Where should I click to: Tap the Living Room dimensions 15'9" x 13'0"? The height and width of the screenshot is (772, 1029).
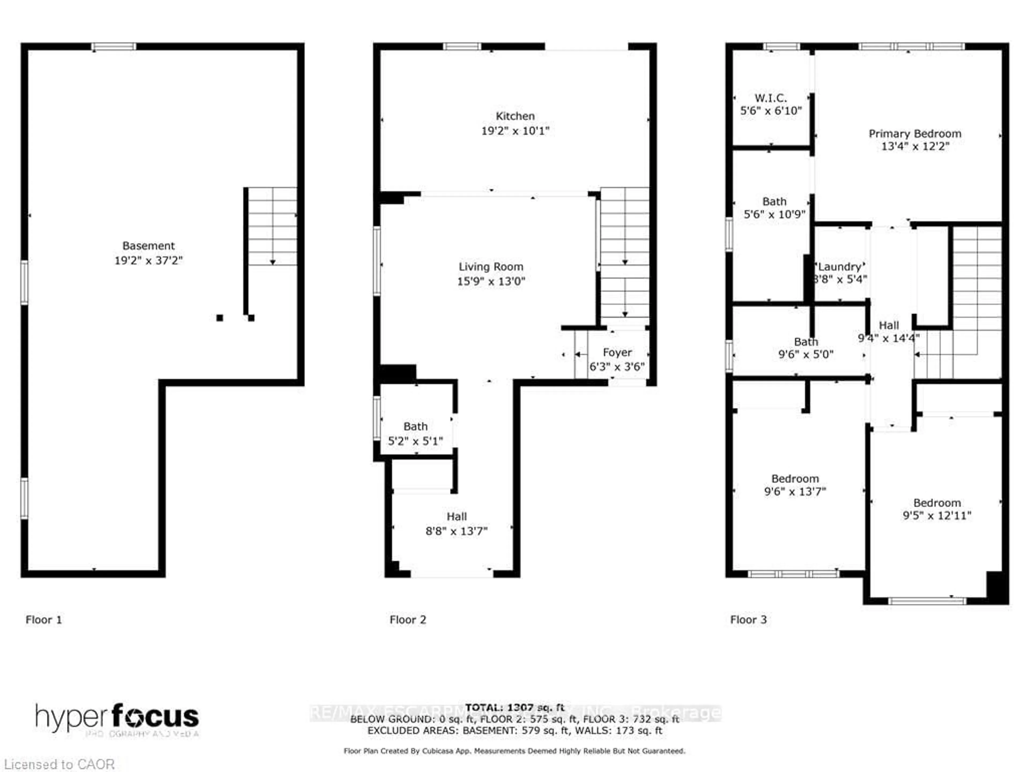(x=491, y=281)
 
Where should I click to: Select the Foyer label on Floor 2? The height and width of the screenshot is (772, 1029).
(x=617, y=352)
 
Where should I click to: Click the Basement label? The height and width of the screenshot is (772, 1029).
(x=148, y=246)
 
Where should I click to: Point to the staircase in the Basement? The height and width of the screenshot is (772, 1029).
(x=272, y=226)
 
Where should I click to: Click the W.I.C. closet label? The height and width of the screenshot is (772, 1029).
(x=770, y=98)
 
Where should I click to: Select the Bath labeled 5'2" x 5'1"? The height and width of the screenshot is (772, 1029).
(x=415, y=433)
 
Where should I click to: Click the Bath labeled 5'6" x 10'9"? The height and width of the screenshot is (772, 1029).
(x=774, y=208)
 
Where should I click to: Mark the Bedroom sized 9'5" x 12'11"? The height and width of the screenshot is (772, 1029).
(x=937, y=509)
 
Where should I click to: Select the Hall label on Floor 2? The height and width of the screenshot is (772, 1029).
(x=456, y=517)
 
